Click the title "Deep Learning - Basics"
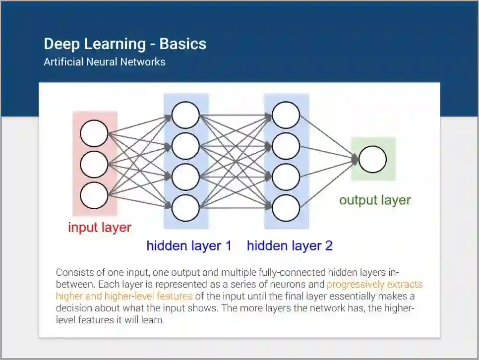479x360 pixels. (x=125, y=44)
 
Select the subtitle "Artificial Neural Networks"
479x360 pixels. (x=104, y=62)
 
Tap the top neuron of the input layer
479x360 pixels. (x=94, y=133)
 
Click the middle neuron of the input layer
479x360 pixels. (x=94, y=165)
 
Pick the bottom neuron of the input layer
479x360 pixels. (x=94, y=195)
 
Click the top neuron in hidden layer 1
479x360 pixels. (x=186, y=115)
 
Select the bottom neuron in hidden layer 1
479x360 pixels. (x=186, y=208)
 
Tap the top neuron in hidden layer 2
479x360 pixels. (x=286, y=115)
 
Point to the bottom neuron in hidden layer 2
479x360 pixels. (x=286, y=208)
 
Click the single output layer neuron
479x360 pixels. (x=372, y=159)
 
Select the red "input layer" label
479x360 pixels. (x=100, y=228)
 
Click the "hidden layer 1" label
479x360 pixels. (x=189, y=245)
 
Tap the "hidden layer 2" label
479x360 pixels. (x=290, y=245)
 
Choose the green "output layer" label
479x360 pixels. (x=375, y=200)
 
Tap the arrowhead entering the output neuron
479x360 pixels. (x=355, y=159)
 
